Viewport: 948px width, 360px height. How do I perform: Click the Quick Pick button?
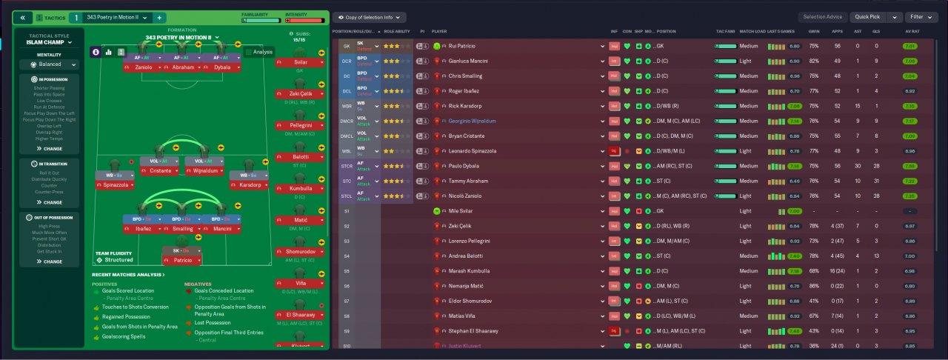tap(867, 16)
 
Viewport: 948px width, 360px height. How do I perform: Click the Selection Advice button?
tap(823, 16)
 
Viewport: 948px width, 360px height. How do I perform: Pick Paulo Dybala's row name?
tap(466, 166)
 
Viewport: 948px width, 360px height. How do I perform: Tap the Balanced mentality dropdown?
tap(50, 64)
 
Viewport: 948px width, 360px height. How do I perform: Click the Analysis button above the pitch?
tap(259, 52)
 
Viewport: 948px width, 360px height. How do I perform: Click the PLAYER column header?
tap(439, 32)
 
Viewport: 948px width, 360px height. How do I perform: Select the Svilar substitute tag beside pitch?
tap(299, 63)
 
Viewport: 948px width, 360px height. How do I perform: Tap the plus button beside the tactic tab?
tap(160, 17)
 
